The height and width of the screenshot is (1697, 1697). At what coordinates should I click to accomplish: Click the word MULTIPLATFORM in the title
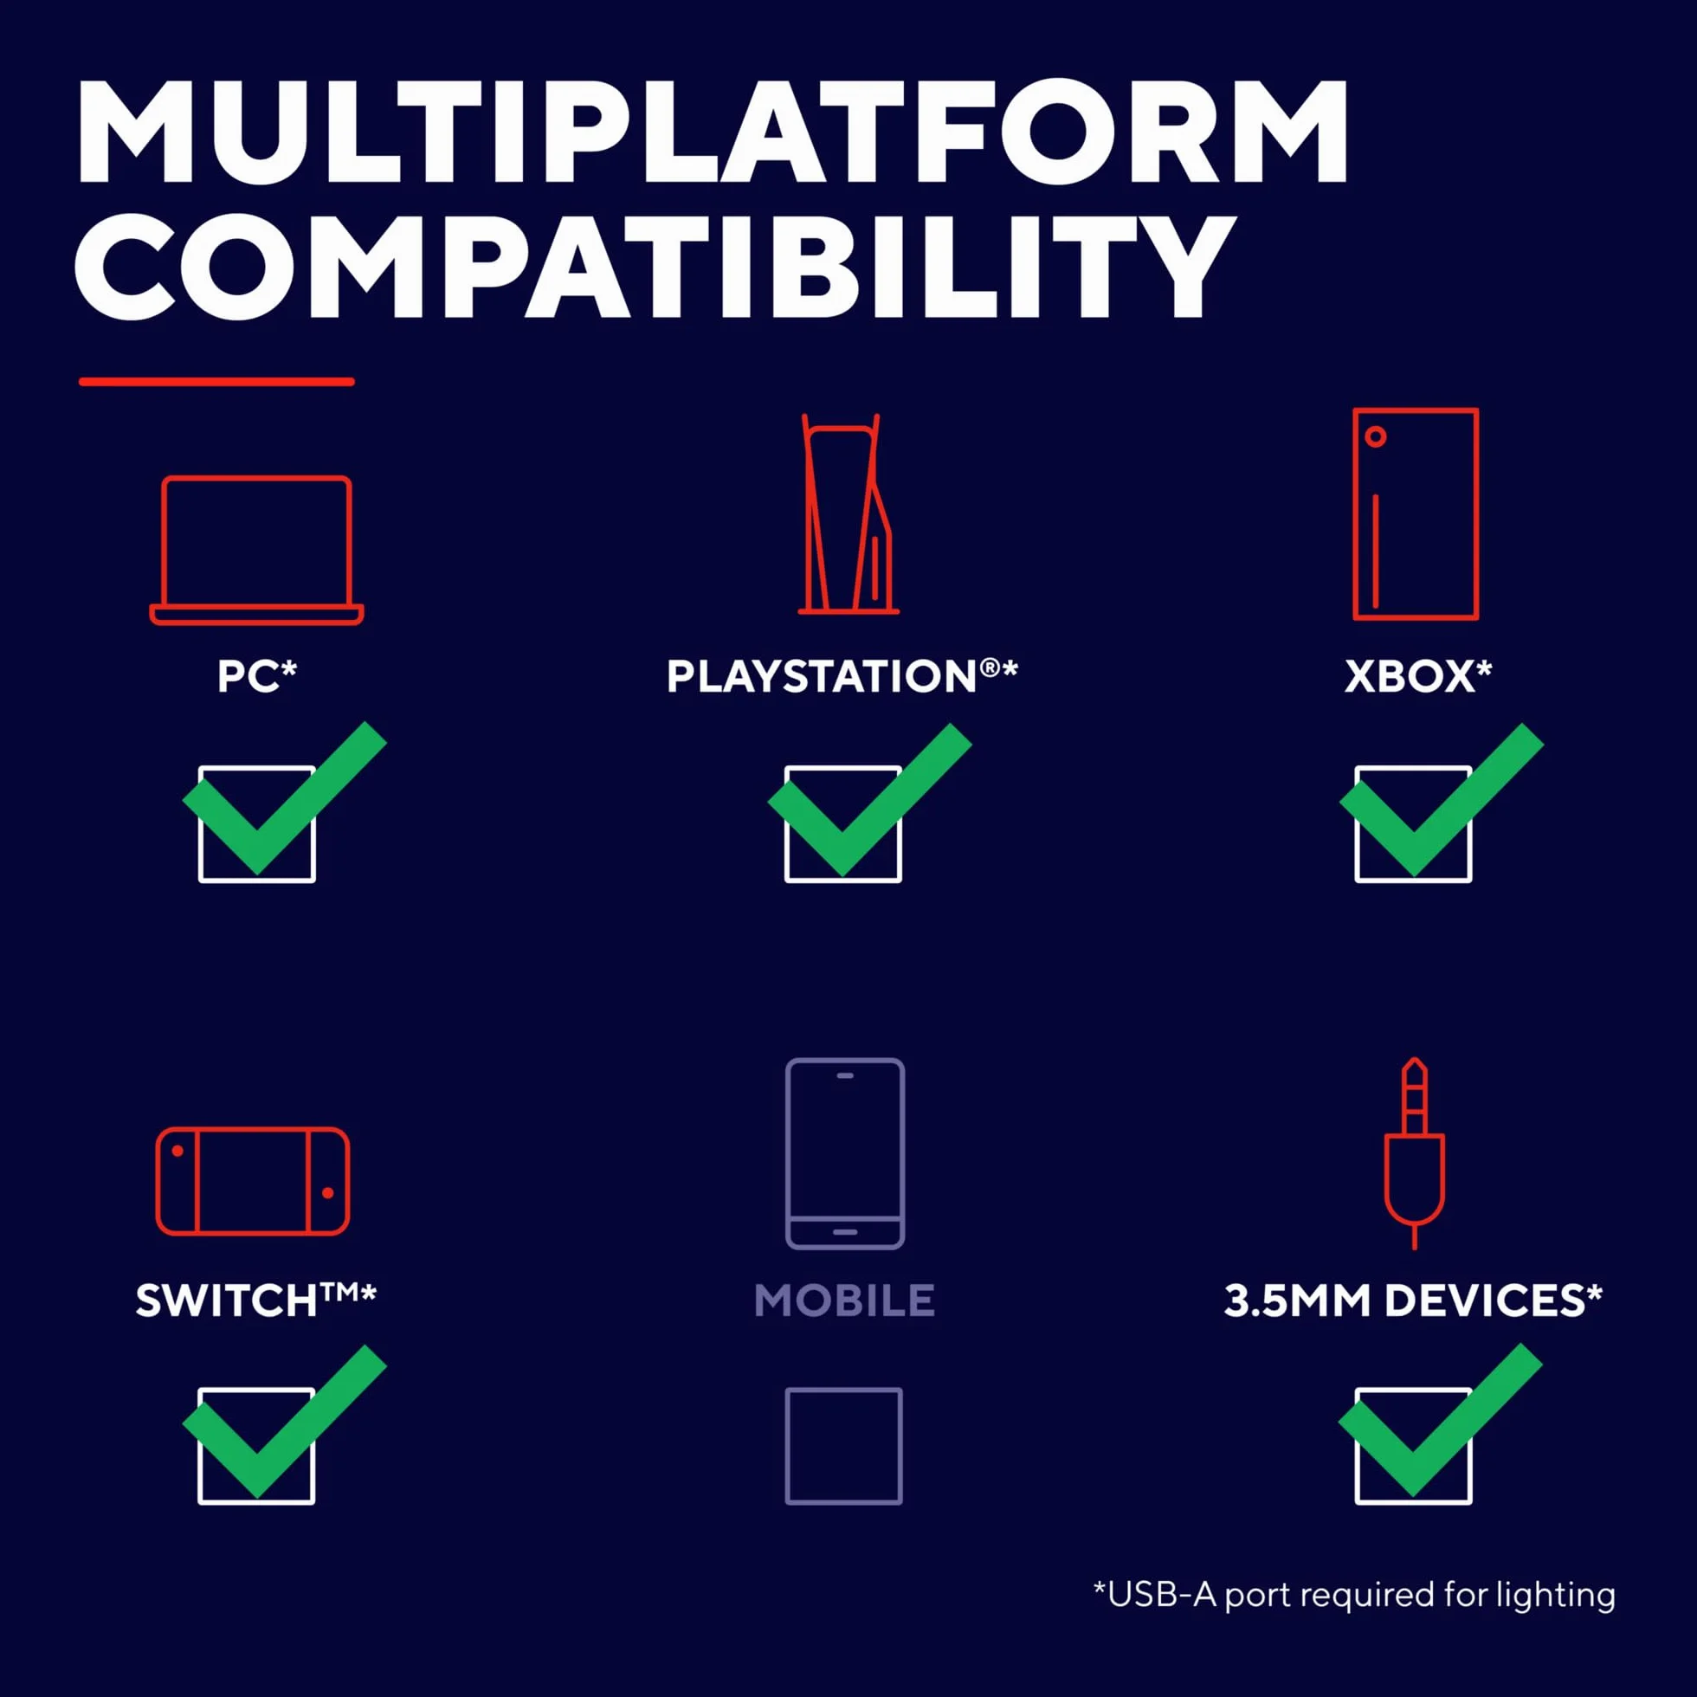713,132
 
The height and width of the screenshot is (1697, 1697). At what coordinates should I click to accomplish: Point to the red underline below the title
217,381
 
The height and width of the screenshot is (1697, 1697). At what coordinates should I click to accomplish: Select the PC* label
257,676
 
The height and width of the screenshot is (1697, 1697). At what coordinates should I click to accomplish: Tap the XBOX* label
1417,676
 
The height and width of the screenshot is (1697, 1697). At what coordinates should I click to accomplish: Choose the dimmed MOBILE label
845,1300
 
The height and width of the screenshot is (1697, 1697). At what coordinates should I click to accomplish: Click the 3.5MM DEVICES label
1413,1300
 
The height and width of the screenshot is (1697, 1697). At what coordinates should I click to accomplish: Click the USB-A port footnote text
1354,1594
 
